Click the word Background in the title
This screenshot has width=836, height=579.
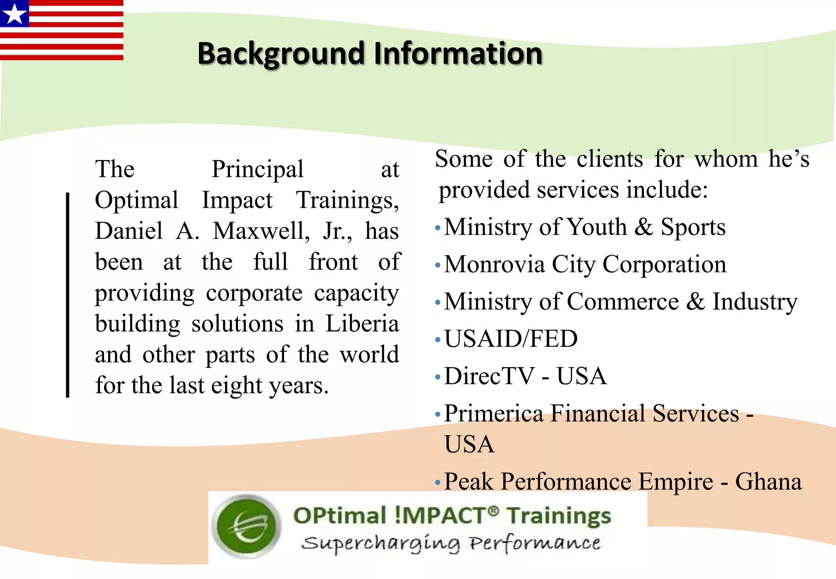tap(281, 53)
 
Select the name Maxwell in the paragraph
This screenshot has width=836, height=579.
tap(261, 231)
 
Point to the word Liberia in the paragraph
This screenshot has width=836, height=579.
tap(362, 324)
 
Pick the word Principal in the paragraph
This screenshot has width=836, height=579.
tap(258, 169)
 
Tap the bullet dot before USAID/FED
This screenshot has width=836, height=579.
tap(438, 339)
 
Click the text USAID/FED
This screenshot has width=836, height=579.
tap(511, 339)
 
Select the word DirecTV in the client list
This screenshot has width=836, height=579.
tap(489, 376)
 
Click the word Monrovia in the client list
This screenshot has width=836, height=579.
tap(494, 265)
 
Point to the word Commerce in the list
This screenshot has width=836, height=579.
tap(623, 302)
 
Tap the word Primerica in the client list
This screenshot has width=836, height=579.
tap(494, 414)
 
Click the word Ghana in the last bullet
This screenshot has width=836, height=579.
tap(768, 482)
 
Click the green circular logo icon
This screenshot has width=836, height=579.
tap(247, 526)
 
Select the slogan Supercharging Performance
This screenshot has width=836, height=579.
tap(451, 543)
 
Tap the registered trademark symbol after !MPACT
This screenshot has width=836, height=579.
tap(493, 510)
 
